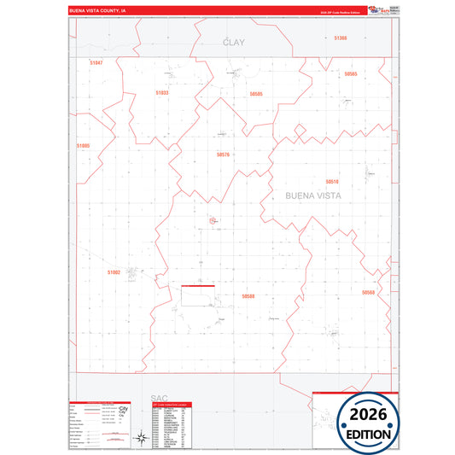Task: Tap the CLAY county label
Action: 233,42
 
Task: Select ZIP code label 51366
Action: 341,38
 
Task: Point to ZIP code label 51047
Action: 96,63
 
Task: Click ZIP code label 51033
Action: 162,92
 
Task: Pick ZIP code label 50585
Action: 256,93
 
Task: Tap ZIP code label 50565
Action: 351,74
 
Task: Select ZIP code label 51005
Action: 83,146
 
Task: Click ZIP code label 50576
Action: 224,155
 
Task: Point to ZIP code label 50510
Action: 332,182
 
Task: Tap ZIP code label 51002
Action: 114,271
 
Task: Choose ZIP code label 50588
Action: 248,296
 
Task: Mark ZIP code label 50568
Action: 368,293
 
